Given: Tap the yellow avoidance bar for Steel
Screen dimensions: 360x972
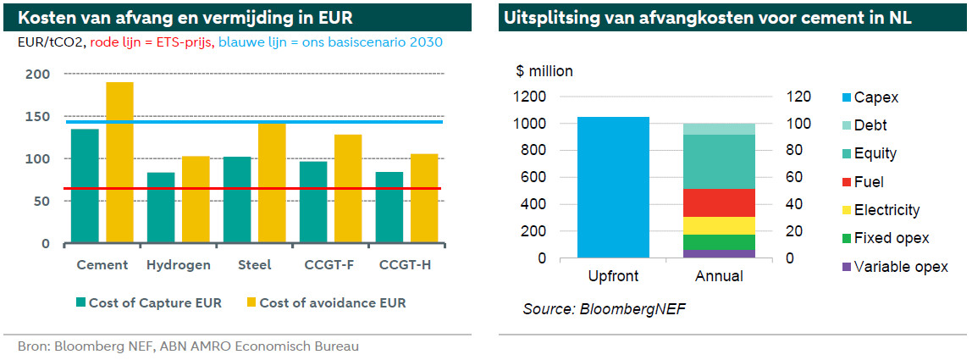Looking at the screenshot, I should (272, 182).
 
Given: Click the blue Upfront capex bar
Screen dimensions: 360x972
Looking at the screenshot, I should (613, 187).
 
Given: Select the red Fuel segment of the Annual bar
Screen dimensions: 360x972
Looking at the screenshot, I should (719, 202).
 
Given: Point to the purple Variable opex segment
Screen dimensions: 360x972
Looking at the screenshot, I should (719, 253).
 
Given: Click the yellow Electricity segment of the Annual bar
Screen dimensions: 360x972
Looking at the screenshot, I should (719, 225).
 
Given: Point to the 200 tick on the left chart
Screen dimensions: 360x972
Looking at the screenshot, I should (40, 75).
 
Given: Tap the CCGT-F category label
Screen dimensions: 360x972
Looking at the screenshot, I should (329, 265).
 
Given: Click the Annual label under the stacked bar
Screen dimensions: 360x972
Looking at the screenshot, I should (719, 277).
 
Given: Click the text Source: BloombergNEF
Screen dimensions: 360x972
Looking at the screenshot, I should (604, 309).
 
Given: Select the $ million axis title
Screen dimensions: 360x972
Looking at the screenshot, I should (544, 71).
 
